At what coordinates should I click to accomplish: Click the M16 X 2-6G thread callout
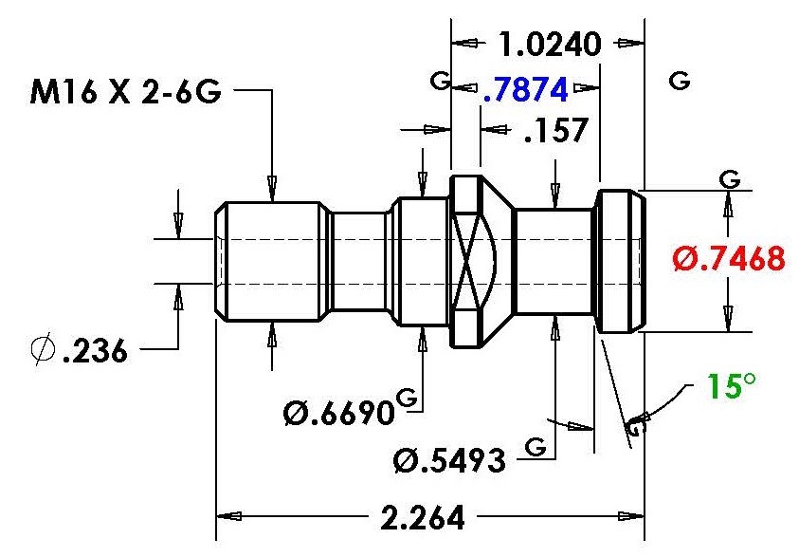click(126, 92)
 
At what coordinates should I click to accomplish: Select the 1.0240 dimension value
click(550, 45)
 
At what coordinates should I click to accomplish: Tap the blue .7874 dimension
click(525, 90)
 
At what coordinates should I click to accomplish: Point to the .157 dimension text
click(556, 130)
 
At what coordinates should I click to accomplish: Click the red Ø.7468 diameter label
click(729, 258)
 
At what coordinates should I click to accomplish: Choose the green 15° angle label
click(731, 385)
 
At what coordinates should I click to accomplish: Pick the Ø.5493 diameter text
click(450, 460)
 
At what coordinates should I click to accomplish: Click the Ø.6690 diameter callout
click(339, 413)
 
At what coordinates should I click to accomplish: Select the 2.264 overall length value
click(423, 518)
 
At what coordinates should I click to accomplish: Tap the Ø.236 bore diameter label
click(79, 350)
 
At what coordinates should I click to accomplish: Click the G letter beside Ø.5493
click(536, 446)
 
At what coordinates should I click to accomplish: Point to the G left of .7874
click(441, 80)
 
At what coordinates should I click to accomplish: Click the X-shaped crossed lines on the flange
click(466, 261)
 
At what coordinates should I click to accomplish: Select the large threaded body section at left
click(273, 261)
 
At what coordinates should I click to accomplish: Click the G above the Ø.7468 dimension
click(730, 179)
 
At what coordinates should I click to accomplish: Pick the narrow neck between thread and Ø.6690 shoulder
click(358, 261)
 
